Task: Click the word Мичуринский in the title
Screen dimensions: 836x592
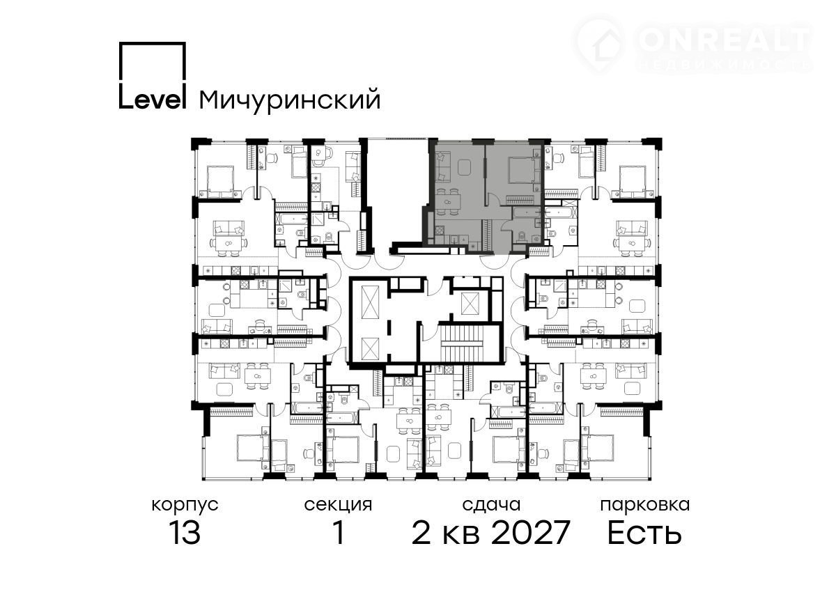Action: tap(290, 100)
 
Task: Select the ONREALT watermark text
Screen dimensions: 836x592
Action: tap(724, 40)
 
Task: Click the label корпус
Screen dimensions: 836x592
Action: tap(185, 506)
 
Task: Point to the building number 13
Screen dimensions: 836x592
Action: tap(185, 532)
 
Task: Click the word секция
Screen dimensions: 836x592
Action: tap(338, 506)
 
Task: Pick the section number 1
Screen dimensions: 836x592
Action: tap(339, 532)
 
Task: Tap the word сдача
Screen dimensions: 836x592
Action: tap(491, 505)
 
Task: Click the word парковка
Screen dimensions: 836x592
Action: tap(645, 506)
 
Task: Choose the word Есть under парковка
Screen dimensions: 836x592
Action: tap(644, 532)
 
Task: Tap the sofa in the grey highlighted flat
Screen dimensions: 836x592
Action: tap(442, 166)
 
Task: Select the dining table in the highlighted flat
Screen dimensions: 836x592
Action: tap(447, 202)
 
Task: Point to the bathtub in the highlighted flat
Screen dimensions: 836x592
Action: tap(527, 212)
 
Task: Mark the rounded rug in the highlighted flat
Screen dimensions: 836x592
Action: tap(465, 166)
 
